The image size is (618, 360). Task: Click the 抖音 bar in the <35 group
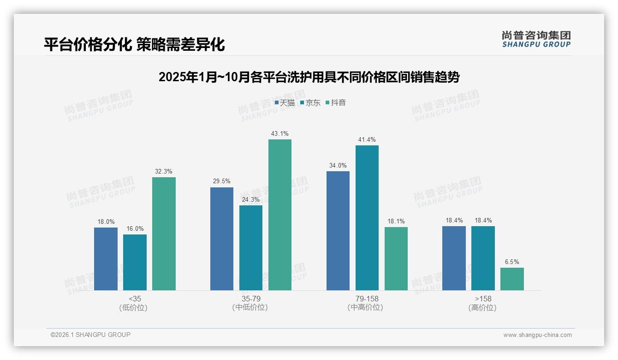click(164, 234)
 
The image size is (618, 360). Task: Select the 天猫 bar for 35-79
click(222, 239)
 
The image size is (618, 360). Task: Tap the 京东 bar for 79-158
click(367, 218)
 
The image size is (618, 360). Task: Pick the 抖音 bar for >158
click(512, 279)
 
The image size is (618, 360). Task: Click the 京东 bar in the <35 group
click(135, 262)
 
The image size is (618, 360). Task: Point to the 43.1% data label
click(280, 134)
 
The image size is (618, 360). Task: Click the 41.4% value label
click(367, 140)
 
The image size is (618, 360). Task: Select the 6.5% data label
click(512, 262)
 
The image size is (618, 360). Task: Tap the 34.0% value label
click(338, 166)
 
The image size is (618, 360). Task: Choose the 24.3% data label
click(251, 200)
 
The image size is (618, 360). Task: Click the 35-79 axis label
click(251, 299)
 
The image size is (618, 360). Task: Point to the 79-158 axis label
click(367, 299)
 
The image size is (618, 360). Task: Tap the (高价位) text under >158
click(483, 308)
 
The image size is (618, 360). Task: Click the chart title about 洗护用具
click(309, 77)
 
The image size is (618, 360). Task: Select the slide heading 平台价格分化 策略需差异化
click(135, 45)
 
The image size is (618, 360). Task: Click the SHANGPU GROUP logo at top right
click(536, 39)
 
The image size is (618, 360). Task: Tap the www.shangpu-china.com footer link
click(537, 335)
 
